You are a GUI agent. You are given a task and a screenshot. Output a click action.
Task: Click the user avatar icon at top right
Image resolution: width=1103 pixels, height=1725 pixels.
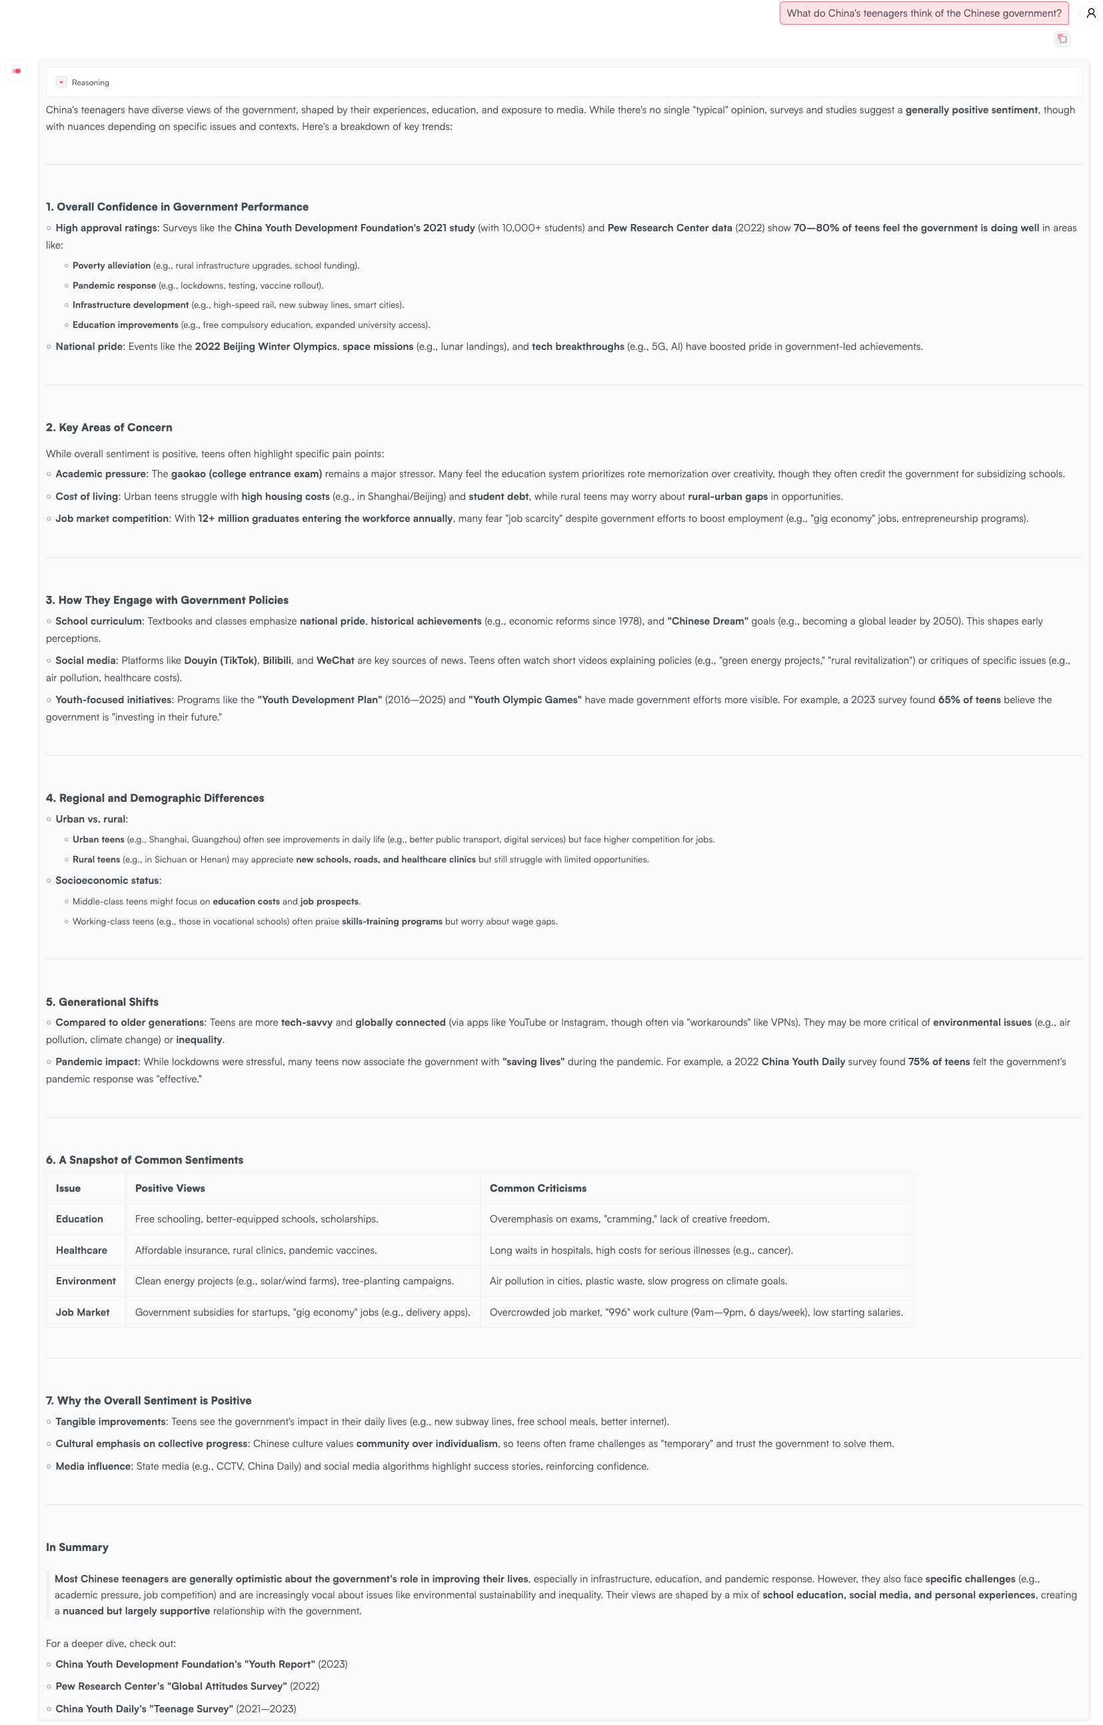click(x=1091, y=13)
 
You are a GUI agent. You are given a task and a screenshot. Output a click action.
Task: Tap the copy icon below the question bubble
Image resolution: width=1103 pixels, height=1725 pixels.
click(x=1062, y=39)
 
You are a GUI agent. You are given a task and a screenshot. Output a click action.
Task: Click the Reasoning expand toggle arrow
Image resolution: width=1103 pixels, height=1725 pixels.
click(x=61, y=83)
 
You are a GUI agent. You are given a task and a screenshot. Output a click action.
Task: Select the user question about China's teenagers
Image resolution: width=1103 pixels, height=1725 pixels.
click(x=923, y=13)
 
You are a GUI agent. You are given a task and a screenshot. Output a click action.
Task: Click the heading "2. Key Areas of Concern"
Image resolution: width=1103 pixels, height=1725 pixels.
click(x=109, y=428)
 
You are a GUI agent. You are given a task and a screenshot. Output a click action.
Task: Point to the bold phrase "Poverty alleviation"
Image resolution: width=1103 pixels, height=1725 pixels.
click(x=111, y=266)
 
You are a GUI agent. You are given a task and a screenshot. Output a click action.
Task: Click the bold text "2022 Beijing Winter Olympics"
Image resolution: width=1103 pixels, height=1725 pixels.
click(x=266, y=347)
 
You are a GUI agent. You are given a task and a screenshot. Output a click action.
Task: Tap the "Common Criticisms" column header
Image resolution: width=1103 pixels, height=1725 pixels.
click(x=538, y=1188)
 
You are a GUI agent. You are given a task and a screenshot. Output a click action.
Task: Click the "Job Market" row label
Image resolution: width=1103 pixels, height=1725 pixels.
click(x=83, y=1312)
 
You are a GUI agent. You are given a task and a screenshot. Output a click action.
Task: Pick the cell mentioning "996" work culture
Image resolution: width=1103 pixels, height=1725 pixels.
click(x=696, y=1312)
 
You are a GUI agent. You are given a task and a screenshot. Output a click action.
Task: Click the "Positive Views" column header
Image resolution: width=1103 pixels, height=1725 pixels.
click(x=170, y=1188)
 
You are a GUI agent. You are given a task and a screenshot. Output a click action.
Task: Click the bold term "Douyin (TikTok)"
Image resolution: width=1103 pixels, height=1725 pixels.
click(x=220, y=661)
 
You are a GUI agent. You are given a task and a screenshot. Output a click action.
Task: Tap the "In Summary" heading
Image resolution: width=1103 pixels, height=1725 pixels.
click(x=77, y=1547)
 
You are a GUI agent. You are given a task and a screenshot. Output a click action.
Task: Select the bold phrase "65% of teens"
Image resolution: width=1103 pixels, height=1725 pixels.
click(x=969, y=700)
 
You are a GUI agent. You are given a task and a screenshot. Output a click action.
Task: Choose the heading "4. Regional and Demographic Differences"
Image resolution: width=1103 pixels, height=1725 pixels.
click(x=155, y=798)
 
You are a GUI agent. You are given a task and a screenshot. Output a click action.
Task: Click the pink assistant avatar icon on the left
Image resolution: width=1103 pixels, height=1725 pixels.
click(x=17, y=71)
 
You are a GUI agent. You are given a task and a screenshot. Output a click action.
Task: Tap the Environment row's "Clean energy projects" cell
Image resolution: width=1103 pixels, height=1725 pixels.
click(x=294, y=1281)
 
